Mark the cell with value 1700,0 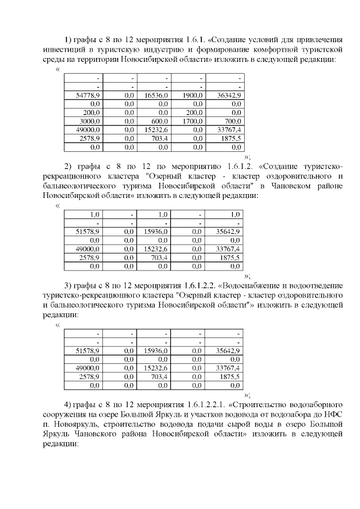pos(193,121)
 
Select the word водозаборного pos(313,404)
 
